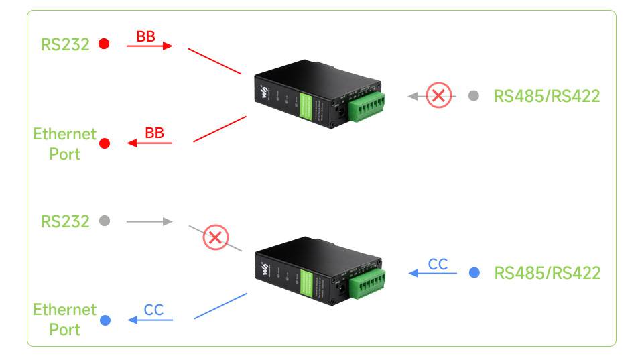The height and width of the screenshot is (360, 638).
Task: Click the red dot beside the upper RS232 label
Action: point(104,44)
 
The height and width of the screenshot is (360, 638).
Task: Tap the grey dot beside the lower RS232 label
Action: point(104,221)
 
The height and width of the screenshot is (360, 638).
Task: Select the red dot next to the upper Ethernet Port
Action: point(105,143)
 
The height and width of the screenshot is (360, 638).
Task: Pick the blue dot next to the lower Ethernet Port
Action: point(105,320)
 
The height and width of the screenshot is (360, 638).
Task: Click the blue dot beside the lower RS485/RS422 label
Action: point(474,273)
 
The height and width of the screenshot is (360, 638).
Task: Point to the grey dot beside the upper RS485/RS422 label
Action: point(474,96)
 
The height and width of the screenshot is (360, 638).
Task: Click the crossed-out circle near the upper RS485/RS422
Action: point(438,96)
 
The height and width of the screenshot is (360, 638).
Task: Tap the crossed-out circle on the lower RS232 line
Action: point(215,237)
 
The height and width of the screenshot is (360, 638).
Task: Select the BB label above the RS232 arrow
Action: point(145,36)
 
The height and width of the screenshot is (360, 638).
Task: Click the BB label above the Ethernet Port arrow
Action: point(154,133)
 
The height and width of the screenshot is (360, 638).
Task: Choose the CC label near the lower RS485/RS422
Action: point(438,264)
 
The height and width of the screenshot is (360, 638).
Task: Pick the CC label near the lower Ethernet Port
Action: point(154,310)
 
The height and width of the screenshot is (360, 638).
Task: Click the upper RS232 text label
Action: point(65,45)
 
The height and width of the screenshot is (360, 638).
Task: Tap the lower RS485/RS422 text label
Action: point(547,273)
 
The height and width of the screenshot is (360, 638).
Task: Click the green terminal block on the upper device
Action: point(366,104)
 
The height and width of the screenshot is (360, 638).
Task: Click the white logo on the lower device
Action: point(265,269)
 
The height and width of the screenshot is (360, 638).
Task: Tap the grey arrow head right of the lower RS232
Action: point(168,221)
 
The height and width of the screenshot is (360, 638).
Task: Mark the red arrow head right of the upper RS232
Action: point(168,46)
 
